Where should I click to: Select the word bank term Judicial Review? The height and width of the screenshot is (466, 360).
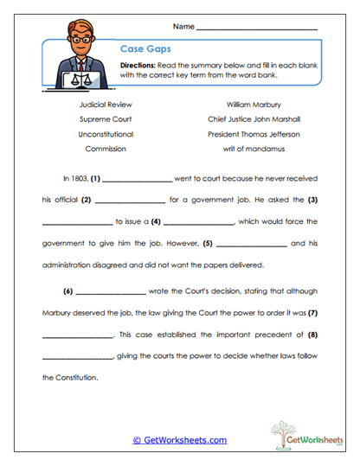pos(106,104)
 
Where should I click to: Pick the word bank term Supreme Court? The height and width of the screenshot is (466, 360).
pos(106,118)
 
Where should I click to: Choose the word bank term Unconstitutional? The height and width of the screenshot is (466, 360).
pos(106,134)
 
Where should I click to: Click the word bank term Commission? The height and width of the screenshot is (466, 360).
pos(106,149)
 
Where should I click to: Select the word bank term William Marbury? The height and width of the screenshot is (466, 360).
pos(254,104)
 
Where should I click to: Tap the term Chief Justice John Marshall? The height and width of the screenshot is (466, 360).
pos(254,118)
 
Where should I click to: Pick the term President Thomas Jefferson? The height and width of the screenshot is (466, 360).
pos(254,134)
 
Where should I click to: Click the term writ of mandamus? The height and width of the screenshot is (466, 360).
pos(254,149)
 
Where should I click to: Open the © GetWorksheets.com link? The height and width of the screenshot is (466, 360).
pos(179,440)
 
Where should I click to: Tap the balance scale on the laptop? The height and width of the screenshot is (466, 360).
pos(85,77)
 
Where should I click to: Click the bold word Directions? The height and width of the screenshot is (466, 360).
pos(139,66)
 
